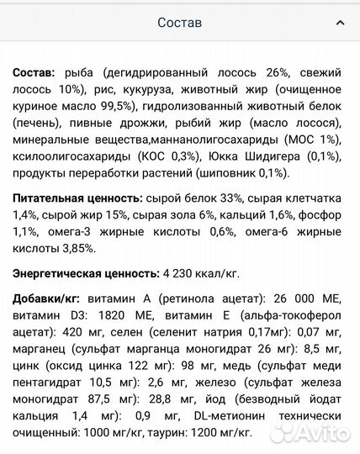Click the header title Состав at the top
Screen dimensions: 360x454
point(180,23)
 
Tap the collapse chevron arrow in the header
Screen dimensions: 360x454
point(339,23)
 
